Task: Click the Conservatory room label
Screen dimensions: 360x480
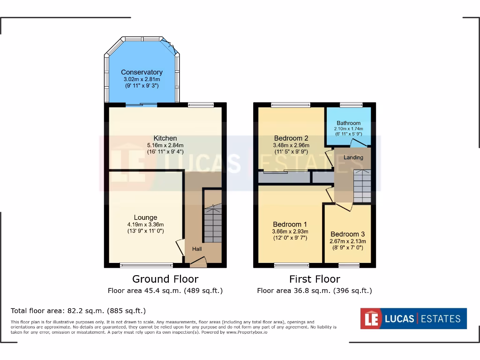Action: [x=142, y=72]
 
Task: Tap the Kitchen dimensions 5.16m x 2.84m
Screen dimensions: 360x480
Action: [x=165, y=145]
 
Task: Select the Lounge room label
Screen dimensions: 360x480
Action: [x=145, y=217]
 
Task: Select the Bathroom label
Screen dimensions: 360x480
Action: [x=348, y=123]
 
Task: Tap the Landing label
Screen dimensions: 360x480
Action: [x=353, y=157]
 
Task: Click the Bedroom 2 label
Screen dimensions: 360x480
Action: [x=291, y=138]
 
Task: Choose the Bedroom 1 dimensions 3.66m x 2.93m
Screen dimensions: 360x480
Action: [x=290, y=231]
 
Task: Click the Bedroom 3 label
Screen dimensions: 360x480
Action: [x=347, y=234]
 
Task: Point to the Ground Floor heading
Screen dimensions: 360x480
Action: [x=165, y=279]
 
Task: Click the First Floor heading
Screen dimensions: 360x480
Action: [x=315, y=279]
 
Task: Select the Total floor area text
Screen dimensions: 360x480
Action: [x=78, y=311]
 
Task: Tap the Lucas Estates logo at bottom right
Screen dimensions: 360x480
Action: [x=413, y=319]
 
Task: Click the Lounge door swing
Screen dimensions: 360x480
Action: [x=180, y=247]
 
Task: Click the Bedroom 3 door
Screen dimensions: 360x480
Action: [x=344, y=206]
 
